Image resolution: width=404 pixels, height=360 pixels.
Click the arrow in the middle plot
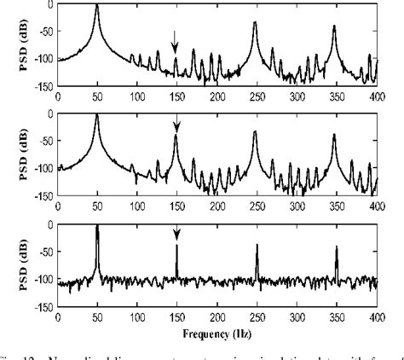coord(176,125)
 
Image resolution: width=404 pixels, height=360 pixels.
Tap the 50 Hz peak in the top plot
coord(97,7)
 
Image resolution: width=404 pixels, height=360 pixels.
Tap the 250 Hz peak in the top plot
coord(255,23)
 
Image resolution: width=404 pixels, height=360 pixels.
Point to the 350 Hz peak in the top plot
coord(335,27)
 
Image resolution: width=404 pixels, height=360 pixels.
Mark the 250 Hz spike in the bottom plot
coord(257,247)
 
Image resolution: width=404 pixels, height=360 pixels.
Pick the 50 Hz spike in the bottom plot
coord(98,228)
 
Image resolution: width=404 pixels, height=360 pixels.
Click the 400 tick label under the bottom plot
coord(375,313)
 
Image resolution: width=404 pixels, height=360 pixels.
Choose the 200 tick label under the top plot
coord(216,96)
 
